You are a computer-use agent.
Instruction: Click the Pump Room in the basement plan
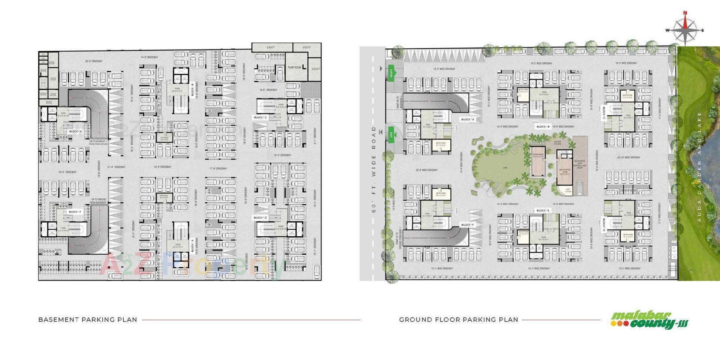[x=295, y=67]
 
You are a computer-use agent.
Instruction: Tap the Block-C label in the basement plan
[x=261, y=117]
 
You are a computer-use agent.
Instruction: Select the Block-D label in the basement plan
[x=260, y=217]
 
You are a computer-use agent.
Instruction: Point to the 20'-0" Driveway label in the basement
[x=94, y=61]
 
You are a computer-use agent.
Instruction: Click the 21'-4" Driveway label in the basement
[x=116, y=167]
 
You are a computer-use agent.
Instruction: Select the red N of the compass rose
[x=685, y=13]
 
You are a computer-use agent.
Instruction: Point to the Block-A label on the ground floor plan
[x=468, y=120]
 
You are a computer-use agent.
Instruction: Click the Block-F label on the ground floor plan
[x=468, y=225]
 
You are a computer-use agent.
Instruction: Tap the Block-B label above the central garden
[x=543, y=127]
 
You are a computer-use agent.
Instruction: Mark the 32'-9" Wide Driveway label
[x=426, y=170]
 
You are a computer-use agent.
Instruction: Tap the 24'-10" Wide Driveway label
[x=628, y=157]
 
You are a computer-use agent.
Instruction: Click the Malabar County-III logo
[x=649, y=321]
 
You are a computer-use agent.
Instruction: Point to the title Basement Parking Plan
[x=88, y=320]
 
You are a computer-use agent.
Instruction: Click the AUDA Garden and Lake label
[x=699, y=167]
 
